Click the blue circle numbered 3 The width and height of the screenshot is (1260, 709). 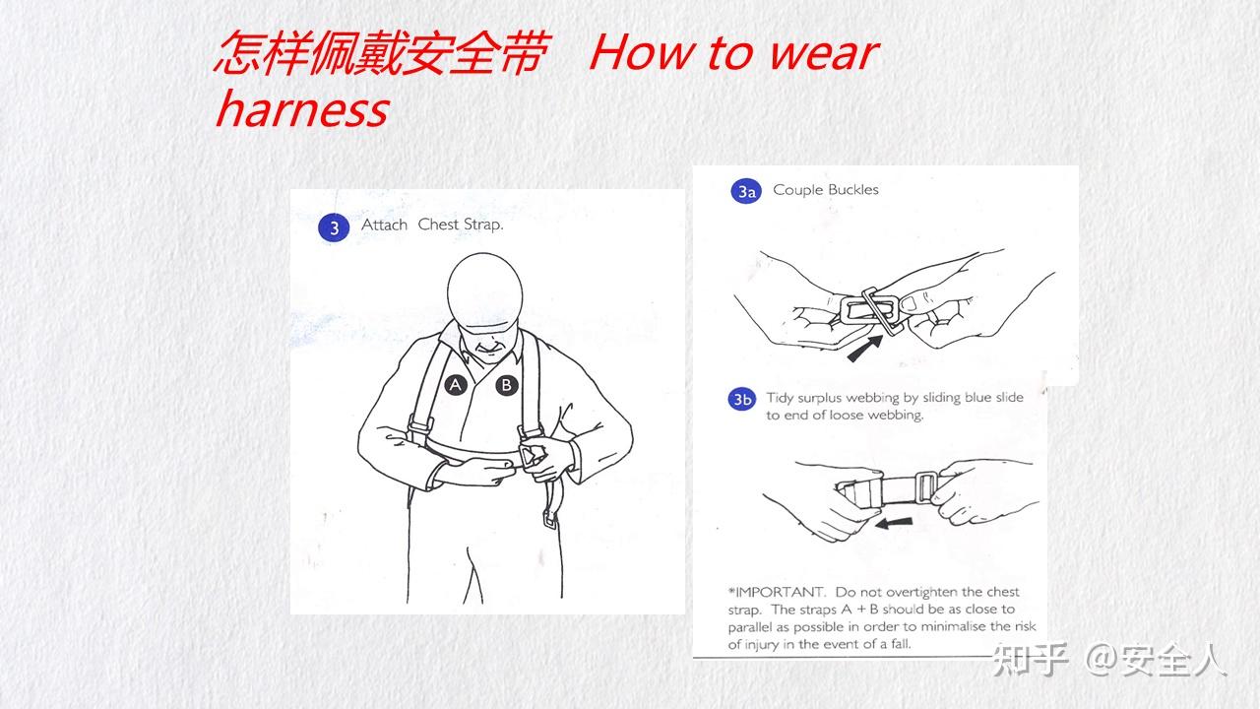pyautogui.click(x=334, y=227)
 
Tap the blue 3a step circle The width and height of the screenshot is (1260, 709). pyautogui.click(x=746, y=191)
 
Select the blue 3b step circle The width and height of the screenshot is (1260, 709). pyautogui.click(x=742, y=399)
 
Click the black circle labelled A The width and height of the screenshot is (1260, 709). pyautogui.click(x=456, y=385)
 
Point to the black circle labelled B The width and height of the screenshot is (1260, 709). pyautogui.click(x=506, y=385)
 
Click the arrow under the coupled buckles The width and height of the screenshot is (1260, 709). pyautogui.click(x=865, y=349)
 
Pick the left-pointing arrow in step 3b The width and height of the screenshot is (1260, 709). pyautogui.click(x=894, y=523)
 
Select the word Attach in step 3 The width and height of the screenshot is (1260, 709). pyautogui.click(x=384, y=225)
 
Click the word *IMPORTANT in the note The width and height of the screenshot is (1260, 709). pyautogui.click(x=777, y=592)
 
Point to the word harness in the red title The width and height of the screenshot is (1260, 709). pyautogui.click(x=302, y=109)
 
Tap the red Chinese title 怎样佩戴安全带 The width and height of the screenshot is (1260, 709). pyautogui.click(x=381, y=53)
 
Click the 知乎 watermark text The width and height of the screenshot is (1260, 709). pyautogui.click(x=1030, y=660)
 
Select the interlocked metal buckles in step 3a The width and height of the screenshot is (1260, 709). pyautogui.click(x=871, y=310)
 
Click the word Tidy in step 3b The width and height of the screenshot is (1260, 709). pyautogui.click(x=781, y=398)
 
